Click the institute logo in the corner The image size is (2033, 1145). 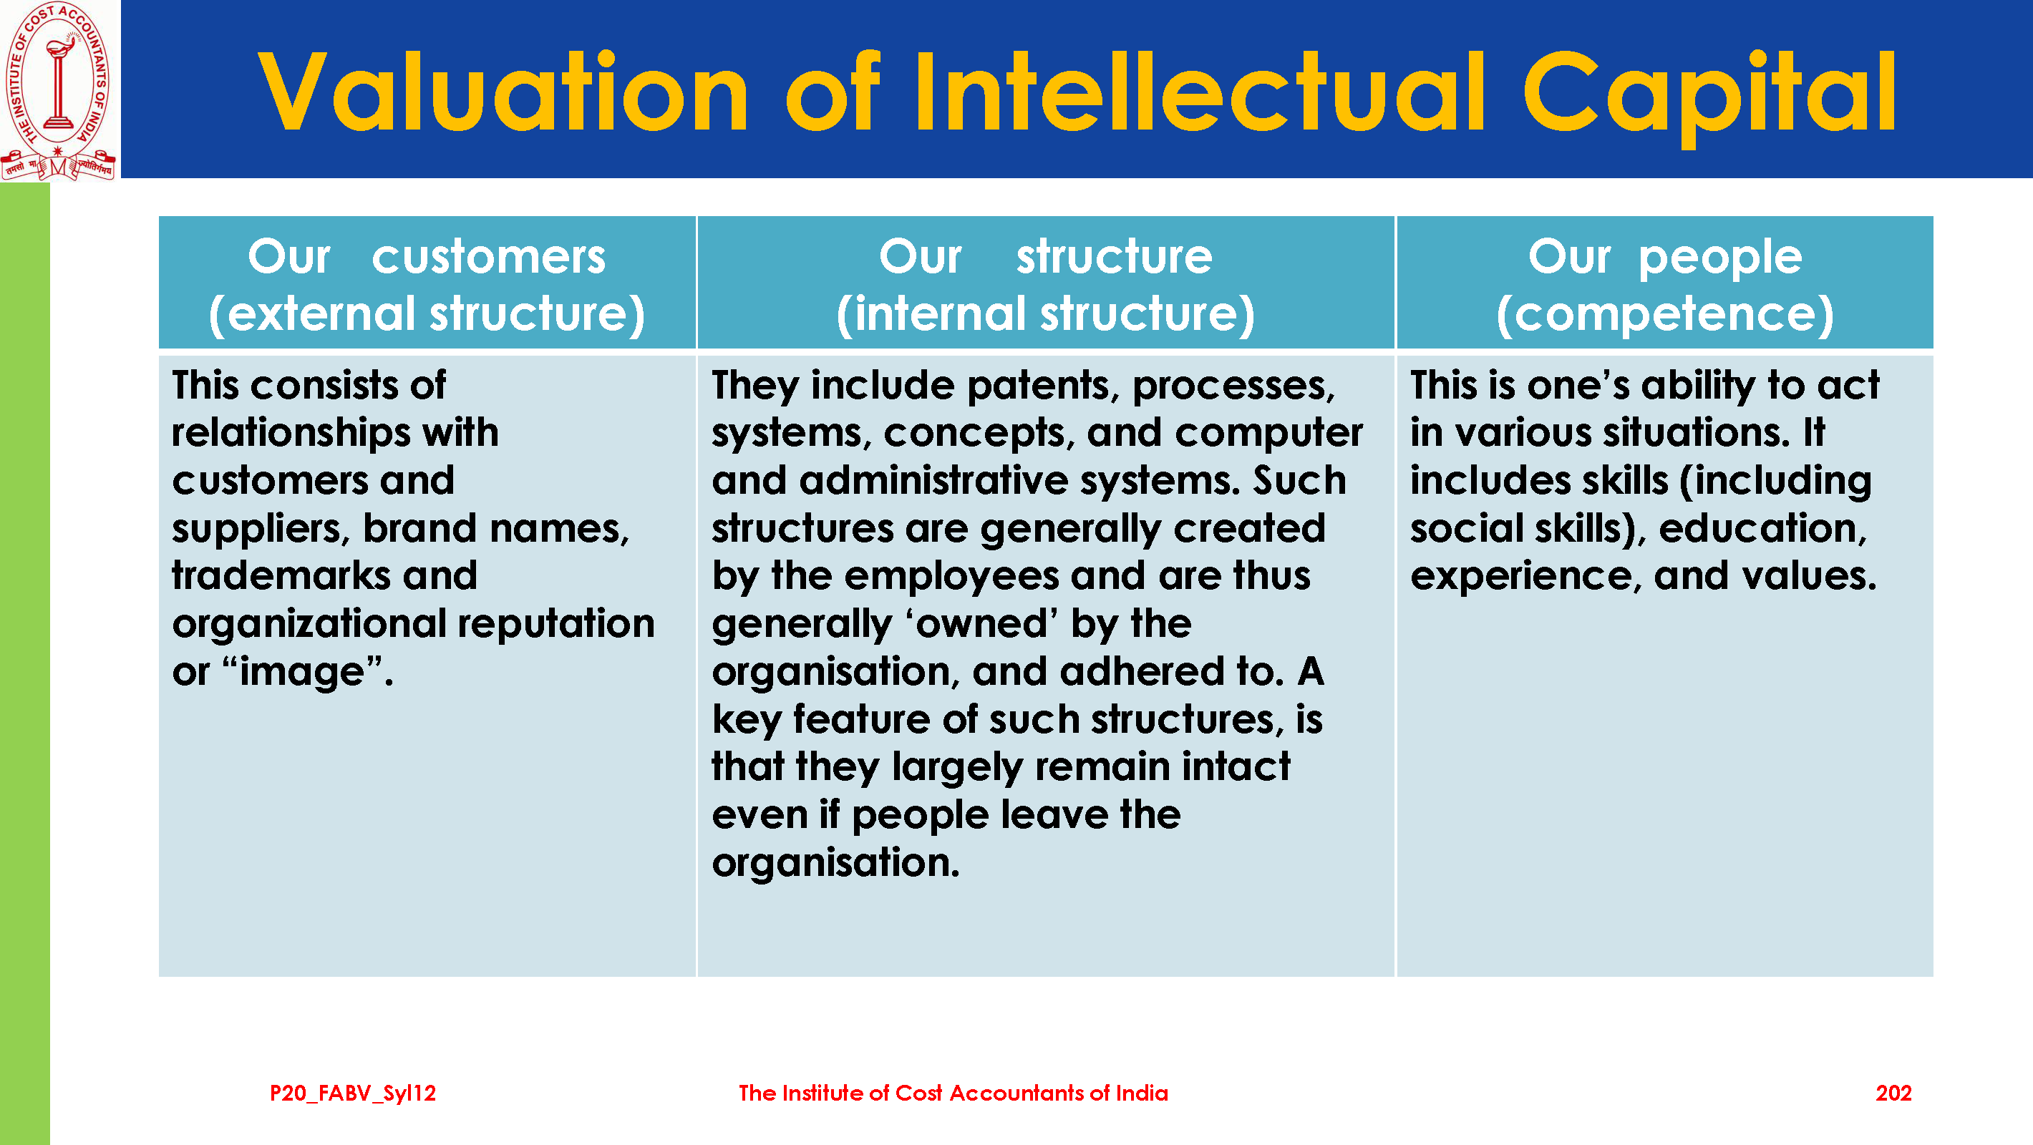coord(59,91)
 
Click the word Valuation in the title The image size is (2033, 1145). coord(503,92)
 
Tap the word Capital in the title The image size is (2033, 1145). coord(1709,95)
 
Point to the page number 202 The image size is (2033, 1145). coord(1893,1093)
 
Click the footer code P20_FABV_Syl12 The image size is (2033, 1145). coord(353,1093)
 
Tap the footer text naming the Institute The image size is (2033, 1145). coord(953,1093)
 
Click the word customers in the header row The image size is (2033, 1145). coord(488,257)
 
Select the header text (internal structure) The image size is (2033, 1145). coord(1045,314)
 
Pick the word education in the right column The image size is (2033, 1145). coord(1762,529)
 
